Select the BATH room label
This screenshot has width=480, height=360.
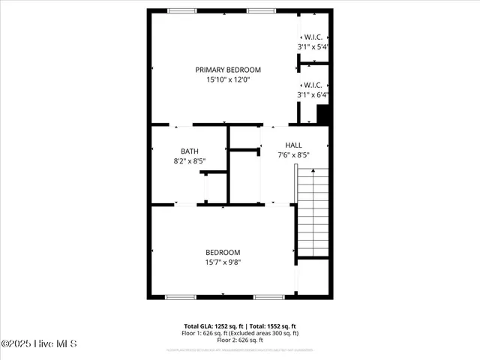(190, 151)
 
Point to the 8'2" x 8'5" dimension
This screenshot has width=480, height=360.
(190, 160)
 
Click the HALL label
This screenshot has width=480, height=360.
(293, 145)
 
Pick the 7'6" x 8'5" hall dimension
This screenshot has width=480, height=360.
(293, 154)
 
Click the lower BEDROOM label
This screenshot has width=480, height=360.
(223, 253)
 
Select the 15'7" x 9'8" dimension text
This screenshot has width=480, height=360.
(223, 262)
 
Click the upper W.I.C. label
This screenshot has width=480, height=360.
(313, 37)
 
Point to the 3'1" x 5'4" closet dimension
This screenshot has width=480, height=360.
(313, 46)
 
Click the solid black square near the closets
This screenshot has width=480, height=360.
(323, 115)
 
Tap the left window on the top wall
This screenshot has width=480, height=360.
(180, 10)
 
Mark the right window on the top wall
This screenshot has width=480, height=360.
(259, 10)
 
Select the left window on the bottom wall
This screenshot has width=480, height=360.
(180, 297)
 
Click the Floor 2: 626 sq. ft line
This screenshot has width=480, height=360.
(240, 340)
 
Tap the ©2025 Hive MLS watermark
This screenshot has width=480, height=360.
(39, 343)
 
